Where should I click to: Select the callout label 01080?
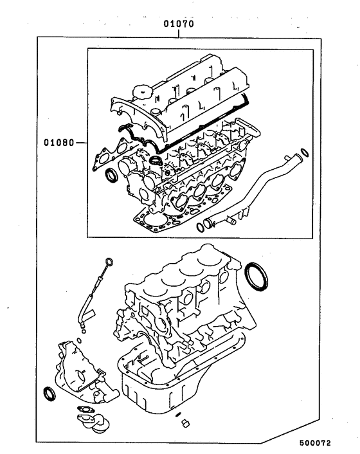pos(58,141)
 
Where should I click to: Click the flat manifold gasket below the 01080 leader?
pos(105,158)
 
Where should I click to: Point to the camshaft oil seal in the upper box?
pos(112,174)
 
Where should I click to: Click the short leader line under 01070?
pos(178,33)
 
